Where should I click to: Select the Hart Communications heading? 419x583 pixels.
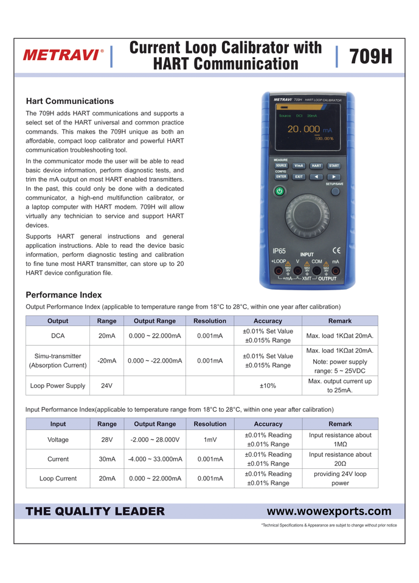[x=70, y=101]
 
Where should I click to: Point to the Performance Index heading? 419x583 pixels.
[x=64, y=295]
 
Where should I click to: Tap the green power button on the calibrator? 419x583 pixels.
[x=279, y=191]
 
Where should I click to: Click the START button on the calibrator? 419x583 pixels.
[x=334, y=165]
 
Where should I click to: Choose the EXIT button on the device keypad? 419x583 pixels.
[x=299, y=177]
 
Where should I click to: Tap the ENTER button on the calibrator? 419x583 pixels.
[x=281, y=177]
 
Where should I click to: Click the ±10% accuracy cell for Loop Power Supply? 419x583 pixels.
[x=268, y=385]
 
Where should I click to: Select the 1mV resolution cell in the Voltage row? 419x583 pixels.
[x=210, y=440]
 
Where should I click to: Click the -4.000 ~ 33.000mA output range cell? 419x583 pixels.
[x=155, y=459]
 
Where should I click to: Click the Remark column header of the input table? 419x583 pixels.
[x=340, y=424]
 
